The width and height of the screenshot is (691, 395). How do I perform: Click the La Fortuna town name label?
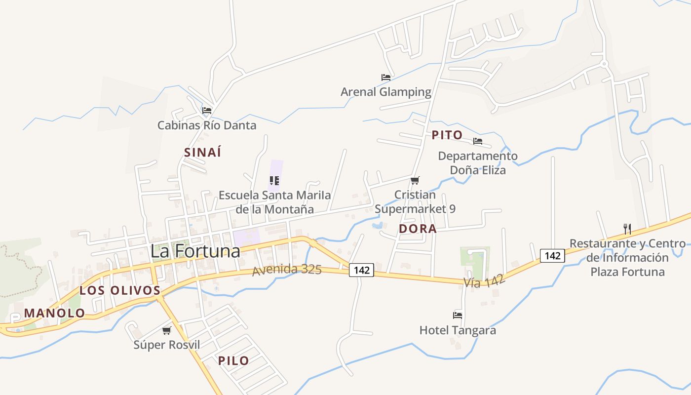coord(195,251)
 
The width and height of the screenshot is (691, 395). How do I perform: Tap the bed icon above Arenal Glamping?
coord(386,78)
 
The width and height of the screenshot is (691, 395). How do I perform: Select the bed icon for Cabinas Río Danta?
coord(207,111)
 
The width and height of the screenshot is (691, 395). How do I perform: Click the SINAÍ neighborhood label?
coord(202,153)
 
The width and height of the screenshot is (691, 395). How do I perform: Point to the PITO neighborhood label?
coord(447,135)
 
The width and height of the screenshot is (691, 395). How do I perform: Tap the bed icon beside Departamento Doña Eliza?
coord(477,141)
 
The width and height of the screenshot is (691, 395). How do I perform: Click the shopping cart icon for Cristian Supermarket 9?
coord(415,181)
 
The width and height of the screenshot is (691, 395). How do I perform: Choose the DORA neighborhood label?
coord(418,229)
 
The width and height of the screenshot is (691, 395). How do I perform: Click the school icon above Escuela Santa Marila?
coord(274,181)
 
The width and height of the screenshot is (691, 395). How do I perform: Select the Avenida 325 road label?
coord(287,270)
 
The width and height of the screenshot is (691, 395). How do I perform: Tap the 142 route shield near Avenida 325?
coord(361,270)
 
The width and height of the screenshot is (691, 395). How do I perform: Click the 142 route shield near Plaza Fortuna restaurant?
coord(553,256)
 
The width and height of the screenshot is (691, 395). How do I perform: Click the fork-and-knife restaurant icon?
coord(627,229)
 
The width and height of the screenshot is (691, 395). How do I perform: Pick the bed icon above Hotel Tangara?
coord(458,315)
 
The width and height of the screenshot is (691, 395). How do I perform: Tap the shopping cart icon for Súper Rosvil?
coord(167,330)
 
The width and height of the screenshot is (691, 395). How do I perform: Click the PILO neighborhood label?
coord(233,361)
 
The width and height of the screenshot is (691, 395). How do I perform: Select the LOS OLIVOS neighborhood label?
coord(120,290)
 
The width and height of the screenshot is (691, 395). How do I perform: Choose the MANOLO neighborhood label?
coord(54,313)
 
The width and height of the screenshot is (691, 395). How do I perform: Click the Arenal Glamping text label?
coord(386,92)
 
